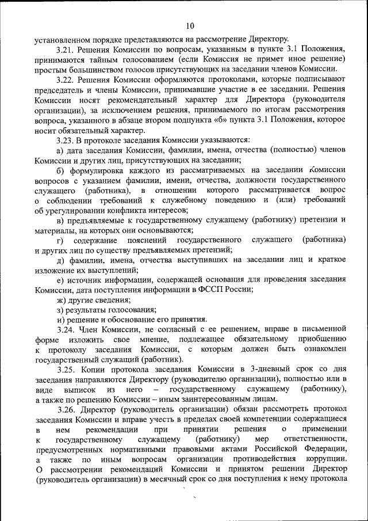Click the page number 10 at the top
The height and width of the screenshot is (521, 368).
coord(190,25)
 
